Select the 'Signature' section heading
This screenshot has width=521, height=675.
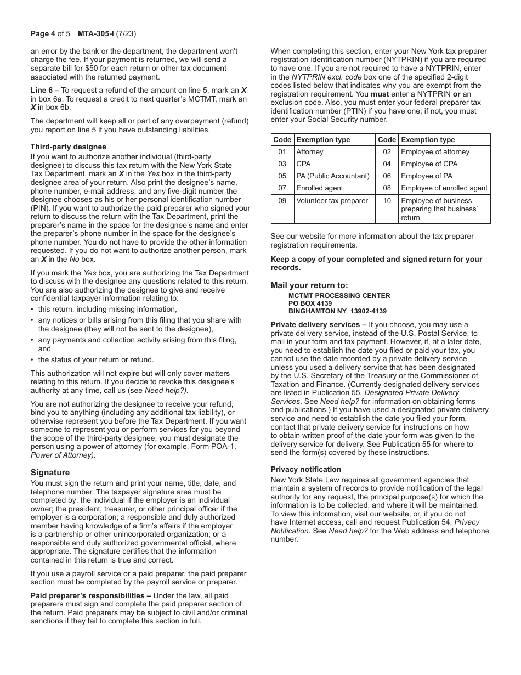(x=50, y=473)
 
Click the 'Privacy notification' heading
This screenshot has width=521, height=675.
(x=305, y=469)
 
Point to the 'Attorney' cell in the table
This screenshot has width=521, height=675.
(x=310, y=152)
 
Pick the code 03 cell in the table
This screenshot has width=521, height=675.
(x=282, y=164)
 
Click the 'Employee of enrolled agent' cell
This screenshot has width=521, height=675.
(x=444, y=188)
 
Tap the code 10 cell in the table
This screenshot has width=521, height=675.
(x=387, y=200)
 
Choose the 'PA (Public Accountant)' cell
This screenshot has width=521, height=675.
(x=333, y=176)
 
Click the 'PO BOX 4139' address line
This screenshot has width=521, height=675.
(x=310, y=303)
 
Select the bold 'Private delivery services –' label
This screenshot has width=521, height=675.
(x=318, y=325)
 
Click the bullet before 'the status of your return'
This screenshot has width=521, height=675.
(x=32, y=360)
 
